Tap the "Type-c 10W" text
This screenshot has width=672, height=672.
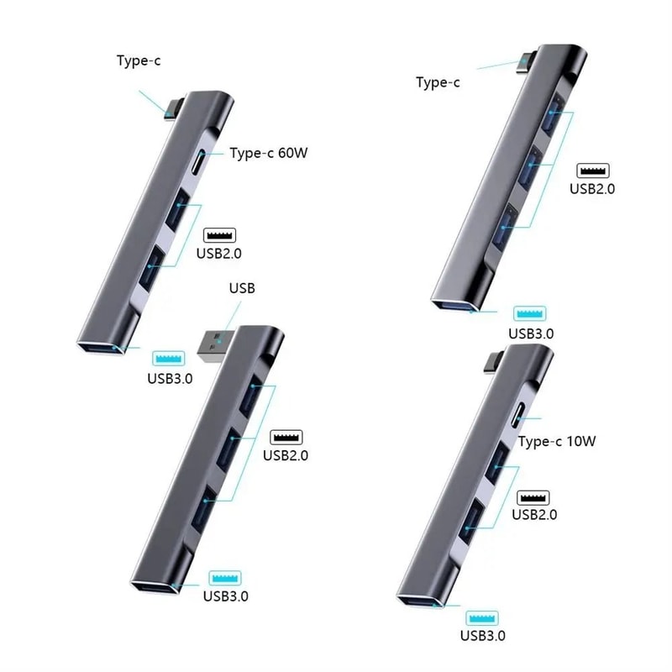click(556, 441)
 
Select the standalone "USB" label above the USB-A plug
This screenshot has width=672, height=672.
click(242, 288)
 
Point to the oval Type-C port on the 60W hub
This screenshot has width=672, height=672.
click(198, 161)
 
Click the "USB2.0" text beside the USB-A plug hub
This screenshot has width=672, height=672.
click(286, 456)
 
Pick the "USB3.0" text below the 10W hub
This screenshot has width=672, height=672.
click(483, 636)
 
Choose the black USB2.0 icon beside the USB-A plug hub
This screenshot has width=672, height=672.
click(286, 437)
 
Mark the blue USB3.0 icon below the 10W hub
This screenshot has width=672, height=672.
click(483, 616)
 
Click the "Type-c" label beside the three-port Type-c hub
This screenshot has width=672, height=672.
click(438, 82)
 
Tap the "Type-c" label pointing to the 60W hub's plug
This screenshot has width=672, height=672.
click(139, 60)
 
